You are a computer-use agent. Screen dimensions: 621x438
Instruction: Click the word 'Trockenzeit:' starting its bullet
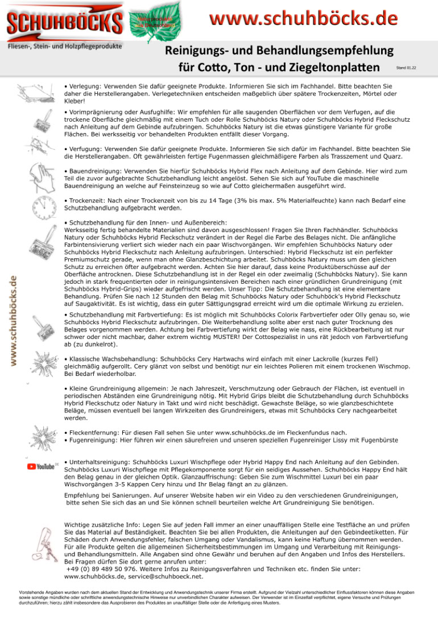(91, 201)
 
